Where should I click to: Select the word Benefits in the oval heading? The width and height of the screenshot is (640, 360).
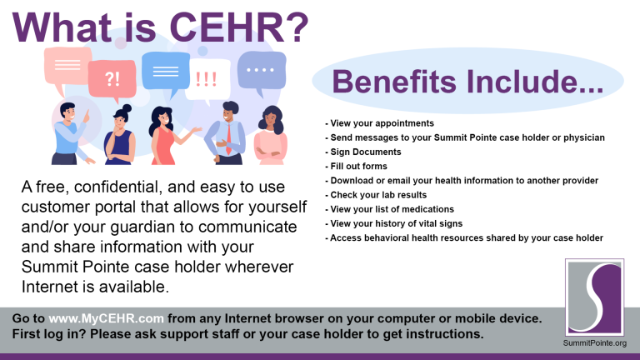point(399,82)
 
